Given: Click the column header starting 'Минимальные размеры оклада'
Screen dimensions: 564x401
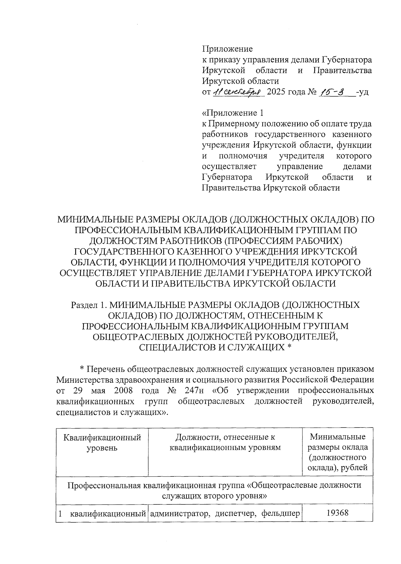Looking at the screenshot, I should click(x=338, y=452).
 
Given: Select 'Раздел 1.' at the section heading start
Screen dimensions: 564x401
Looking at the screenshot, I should click(x=89, y=305).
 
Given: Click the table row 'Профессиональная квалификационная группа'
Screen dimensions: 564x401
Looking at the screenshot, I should click(x=214, y=490).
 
